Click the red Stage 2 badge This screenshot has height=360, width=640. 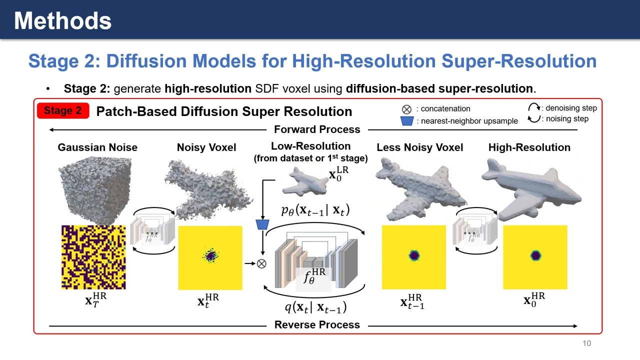point(63,111)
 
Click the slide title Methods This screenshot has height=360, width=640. point(62,21)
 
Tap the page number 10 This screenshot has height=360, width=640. point(586,343)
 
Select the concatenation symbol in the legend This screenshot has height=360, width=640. point(406,109)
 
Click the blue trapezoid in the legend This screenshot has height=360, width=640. point(407,121)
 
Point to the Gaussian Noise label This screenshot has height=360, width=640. point(97,147)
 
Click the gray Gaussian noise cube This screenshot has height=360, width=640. point(95,187)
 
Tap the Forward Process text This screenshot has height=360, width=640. point(317,129)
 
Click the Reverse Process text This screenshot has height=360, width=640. point(317,325)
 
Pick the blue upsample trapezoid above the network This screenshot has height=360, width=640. point(262,224)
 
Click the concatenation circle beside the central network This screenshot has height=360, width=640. point(261,263)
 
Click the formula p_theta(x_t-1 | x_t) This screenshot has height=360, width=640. point(315,210)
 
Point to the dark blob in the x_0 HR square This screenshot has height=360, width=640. point(535,255)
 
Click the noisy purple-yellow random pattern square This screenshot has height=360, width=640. point(93,257)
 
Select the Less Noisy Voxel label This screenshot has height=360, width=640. point(419,147)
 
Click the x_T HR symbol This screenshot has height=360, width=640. point(95,300)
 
